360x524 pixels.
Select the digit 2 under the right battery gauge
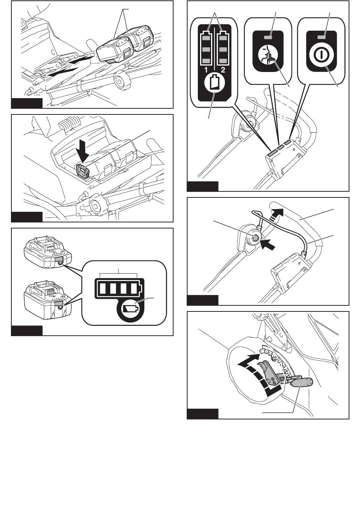[223, 69]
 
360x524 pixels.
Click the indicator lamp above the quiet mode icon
[268, 37]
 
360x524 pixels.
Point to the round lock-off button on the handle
[255, 238]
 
